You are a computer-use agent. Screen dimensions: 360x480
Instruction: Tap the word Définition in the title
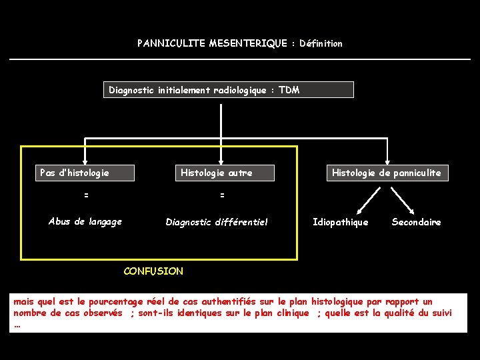321,43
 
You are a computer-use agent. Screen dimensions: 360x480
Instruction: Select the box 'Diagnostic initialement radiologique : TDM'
228,90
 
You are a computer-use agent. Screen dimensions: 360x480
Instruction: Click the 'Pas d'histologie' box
85,173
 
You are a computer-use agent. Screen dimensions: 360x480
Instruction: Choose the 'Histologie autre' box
216,173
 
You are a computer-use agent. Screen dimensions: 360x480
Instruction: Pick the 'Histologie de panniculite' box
386,173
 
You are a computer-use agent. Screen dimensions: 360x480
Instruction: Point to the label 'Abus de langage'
85,222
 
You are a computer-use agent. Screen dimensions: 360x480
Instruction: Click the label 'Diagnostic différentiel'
216,222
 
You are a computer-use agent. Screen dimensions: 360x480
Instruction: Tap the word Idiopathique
340,222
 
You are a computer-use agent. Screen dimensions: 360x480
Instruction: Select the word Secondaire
416,222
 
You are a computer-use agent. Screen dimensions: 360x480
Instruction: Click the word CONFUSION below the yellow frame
153,271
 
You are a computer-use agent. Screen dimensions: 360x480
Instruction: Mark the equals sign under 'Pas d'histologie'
85,195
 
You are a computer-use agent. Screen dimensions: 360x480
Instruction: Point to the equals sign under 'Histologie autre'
222,195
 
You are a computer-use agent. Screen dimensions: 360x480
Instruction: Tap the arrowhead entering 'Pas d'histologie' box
85,160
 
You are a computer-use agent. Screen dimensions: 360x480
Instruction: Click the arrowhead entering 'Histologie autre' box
216,160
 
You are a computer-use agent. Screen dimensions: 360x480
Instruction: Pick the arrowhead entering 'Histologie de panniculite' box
387,160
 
